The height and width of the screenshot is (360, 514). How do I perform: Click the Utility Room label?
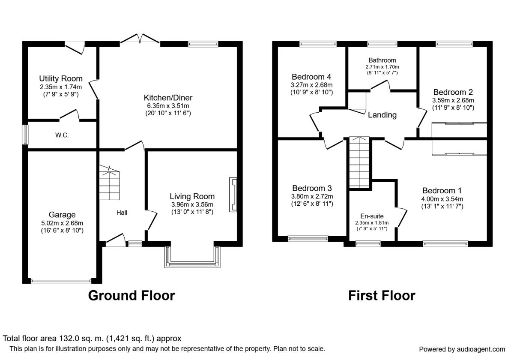point(61,78)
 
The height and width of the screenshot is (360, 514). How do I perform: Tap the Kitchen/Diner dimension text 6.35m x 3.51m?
point(168,106)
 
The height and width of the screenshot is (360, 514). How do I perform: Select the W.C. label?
point(62,135)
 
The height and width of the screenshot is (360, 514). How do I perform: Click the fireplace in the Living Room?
point(233,195)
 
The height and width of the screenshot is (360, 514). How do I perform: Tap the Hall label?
point(122,213)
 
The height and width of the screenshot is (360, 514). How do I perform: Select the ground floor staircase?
point(109,183)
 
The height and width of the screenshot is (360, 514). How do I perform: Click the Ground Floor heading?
point(131,295)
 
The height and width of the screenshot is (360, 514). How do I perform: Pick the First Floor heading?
point(382,295)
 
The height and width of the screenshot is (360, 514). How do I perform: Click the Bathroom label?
point(382,60)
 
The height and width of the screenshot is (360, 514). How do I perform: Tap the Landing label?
point(382,115)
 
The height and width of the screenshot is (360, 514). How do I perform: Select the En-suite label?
point(372,216)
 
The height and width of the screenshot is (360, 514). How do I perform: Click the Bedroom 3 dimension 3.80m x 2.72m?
point(312,197)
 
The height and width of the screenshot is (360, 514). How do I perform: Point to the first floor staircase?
point(359,162)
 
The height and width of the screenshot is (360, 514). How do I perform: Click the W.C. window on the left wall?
point(25,135)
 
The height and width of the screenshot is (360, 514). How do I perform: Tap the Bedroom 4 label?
point(312,77)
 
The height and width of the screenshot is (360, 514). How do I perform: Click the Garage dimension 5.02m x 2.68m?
point(62,223)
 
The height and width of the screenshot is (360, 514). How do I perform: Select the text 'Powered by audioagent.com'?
point(462,349)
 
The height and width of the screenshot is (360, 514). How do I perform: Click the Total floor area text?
point(92,339)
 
